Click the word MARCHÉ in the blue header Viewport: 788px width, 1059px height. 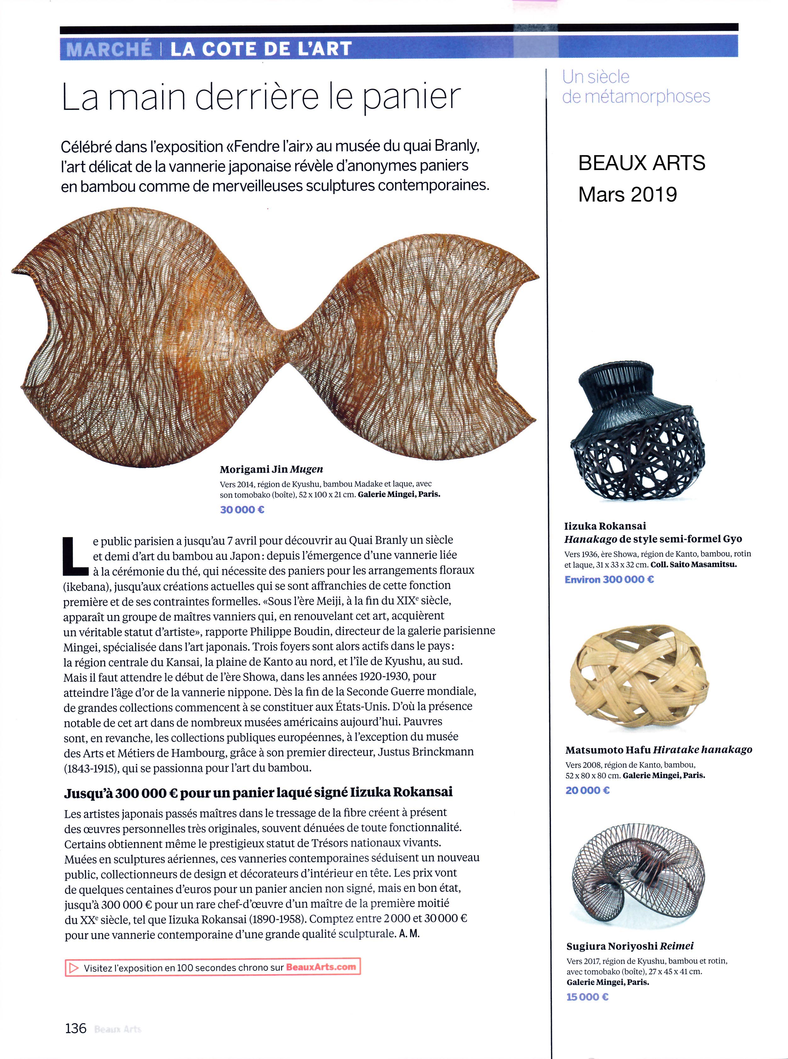pyautogui.click(x=109, y=49)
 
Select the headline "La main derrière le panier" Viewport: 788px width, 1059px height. pyautogui.click(x=261, y=97)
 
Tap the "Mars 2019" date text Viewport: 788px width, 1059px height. pyautogui.click(x=627, y=195)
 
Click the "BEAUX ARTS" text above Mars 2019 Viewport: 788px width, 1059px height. pyautogui.click(x=642, y=163)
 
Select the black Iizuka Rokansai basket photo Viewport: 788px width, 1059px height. pyautogui.click(x=637, y=432)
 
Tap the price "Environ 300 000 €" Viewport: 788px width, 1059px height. pyautogui.click(x=609, y=580)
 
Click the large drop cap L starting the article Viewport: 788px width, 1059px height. pyautogui.click(x=75, y=556)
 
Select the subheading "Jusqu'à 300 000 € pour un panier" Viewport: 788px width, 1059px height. pyautogui.click(x=258, y=792)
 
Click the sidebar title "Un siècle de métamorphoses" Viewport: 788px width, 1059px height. pyautogui.click(x=635, y=87)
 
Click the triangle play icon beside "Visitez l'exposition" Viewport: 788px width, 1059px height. pyautogui.click(x=73, y=968)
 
